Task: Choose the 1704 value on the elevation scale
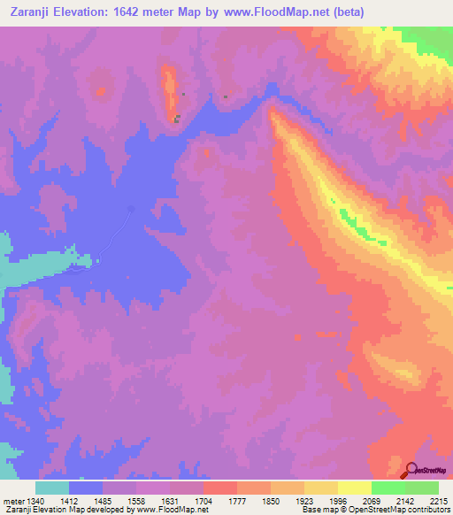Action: [203, 501]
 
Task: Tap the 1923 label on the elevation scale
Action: [303, 501]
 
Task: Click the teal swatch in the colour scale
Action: [52, 488]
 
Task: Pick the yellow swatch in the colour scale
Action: [354, 488]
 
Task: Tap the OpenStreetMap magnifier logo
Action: [411, 470]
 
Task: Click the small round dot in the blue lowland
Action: [131, 209]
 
